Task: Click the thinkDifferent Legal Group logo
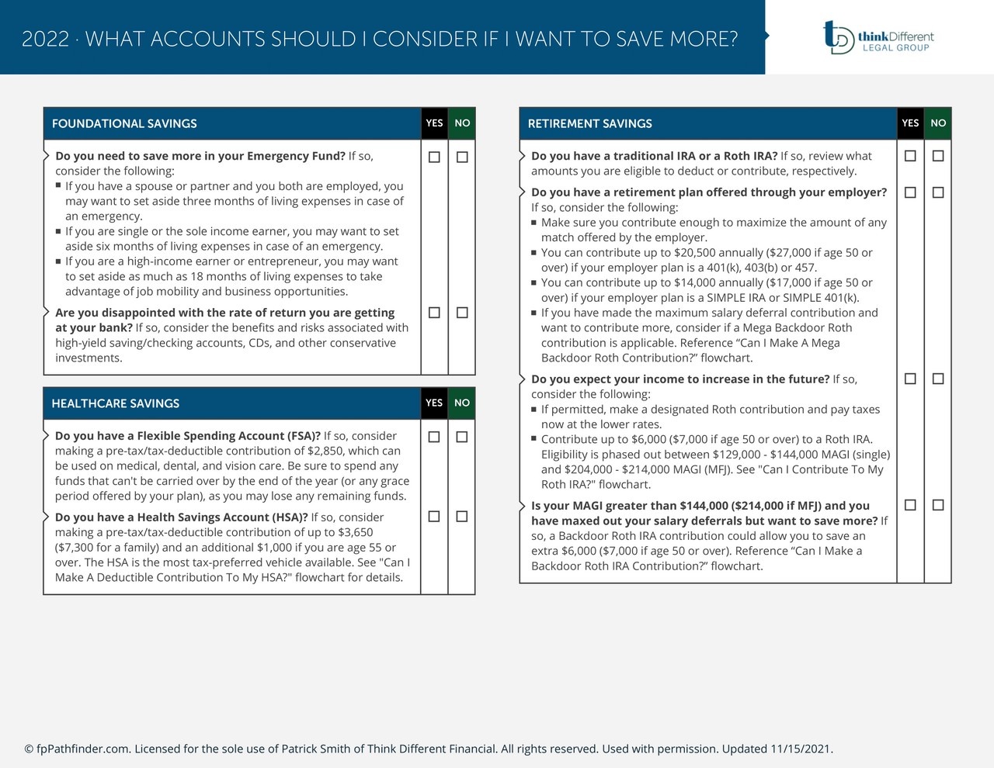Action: tap(878, 37)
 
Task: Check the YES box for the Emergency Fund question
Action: tap(434, 157)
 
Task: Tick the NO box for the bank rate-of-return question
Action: tap(462, 313)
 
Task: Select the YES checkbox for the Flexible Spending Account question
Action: tap(434, 438)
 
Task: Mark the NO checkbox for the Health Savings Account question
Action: tap(462, 517)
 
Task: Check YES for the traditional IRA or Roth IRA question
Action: tap(910, 156)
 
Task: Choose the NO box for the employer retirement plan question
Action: tap(938, 192)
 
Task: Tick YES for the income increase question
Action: tap(910, 379)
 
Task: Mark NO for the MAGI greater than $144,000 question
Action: tap(938, 505)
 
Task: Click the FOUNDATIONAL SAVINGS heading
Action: tap(124, 123)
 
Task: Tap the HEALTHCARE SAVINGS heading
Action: tap(115, 403)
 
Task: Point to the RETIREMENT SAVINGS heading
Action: tap(589, 123)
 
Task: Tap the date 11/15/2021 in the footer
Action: tap(801, 749)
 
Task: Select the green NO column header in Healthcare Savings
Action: tap(462, 403)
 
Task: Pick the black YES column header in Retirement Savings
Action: tap(910, 123)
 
